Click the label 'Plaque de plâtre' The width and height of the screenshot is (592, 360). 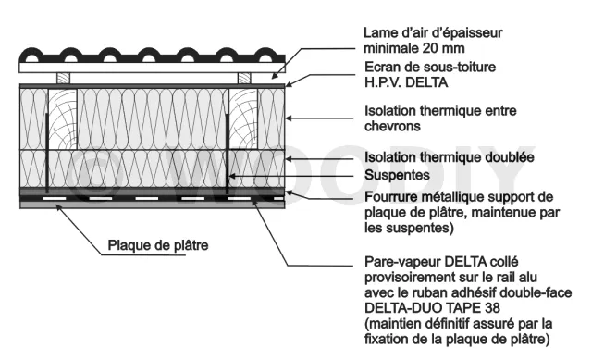tap(158, 245)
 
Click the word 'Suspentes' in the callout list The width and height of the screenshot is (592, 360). tap(397, 175)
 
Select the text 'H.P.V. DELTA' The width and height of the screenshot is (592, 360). tap(406, 82)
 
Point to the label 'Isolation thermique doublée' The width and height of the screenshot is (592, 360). tap(449, 157)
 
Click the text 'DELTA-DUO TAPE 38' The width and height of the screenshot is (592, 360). tap(432, 308)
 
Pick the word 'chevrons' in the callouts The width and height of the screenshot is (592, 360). tap(392, 126)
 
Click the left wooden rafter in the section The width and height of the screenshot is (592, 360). tap(63, 119)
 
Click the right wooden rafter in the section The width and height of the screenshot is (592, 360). tap(243, 119)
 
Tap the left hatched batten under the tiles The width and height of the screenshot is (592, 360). tap(63, 78)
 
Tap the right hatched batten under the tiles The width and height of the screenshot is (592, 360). tap(244, 78)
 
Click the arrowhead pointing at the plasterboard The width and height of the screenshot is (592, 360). tap(59, 207)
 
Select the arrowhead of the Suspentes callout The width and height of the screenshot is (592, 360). tap(232, 176)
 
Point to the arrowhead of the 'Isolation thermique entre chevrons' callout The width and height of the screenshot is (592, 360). tap(289, 118)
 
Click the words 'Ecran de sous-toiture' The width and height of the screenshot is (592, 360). tap(430, 67)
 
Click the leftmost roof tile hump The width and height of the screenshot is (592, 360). tap(31, 56)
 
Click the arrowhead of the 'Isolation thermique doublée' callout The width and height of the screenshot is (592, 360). tap(289, 159)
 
